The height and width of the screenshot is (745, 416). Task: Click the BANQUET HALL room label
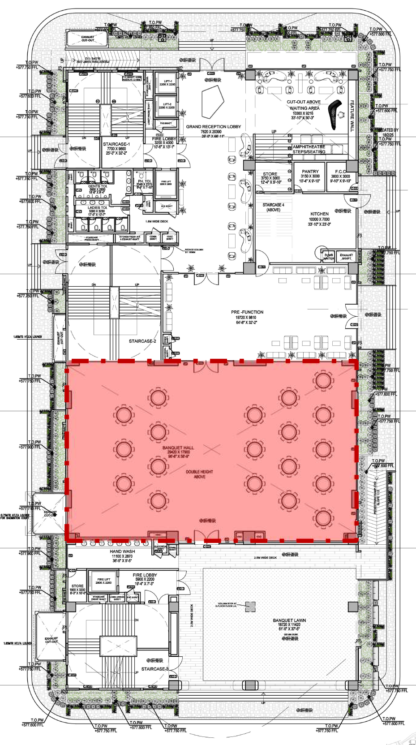pos(178,448)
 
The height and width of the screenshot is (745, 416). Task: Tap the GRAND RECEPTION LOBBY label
pos(213,127)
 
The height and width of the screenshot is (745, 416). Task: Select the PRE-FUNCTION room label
pos(247,312)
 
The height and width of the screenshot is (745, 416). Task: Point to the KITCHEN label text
pos(319,214)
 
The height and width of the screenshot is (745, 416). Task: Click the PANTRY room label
pos(310,172)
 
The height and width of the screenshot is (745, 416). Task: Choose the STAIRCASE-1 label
pos(116,144)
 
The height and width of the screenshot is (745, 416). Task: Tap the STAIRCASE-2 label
pos(142,341)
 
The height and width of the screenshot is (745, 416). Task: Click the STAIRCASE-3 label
pos(155,669)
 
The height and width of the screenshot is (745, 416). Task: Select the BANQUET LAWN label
pos(289,620)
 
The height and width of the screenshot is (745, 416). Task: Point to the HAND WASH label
pos(122,551)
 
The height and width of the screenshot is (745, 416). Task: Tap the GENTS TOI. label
pos(97,186)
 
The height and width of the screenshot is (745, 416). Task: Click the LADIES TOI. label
pos(97,208)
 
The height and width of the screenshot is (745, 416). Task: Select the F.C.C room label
pos(340,172)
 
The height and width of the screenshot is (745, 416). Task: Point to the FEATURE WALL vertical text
pos(352,116)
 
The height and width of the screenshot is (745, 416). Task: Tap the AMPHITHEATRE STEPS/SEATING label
pos(309,149)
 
